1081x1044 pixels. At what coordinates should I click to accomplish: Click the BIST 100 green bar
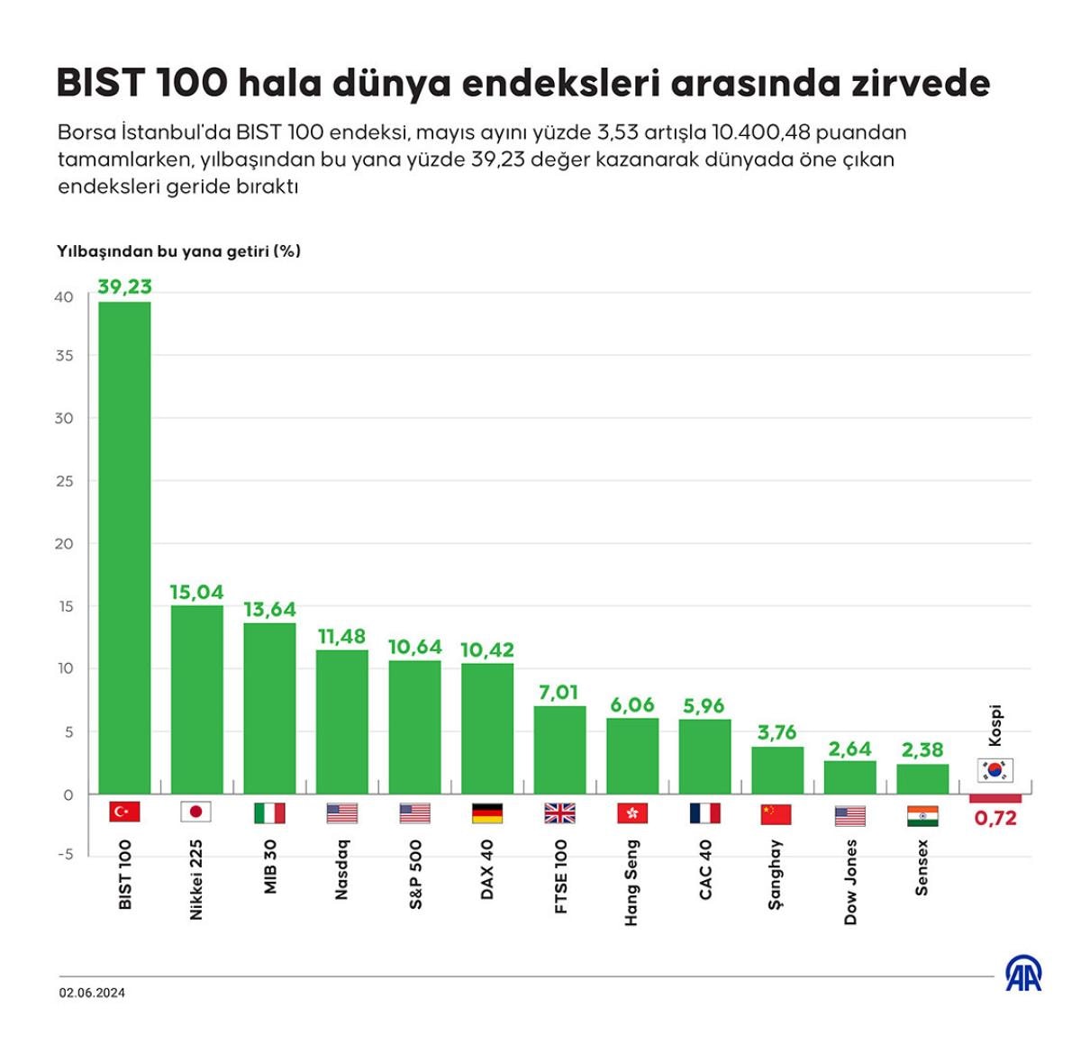124,548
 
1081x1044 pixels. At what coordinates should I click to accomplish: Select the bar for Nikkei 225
197,699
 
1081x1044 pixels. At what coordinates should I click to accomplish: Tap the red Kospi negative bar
995,799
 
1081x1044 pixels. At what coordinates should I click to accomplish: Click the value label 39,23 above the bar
124,286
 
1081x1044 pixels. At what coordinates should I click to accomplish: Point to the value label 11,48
341,637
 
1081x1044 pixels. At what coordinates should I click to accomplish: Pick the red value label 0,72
995,819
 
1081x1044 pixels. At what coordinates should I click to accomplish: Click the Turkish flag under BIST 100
124,812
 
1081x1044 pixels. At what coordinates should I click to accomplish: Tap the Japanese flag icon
196,812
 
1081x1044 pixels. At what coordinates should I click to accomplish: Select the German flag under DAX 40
487,813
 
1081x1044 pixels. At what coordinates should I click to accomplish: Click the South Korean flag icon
995,770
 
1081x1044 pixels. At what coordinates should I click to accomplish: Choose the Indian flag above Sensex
922,815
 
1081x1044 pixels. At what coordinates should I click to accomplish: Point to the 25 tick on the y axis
64,481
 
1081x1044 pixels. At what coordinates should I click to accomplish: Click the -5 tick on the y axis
65,854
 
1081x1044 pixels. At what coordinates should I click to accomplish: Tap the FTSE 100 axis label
560,876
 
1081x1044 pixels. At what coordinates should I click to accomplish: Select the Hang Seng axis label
632,882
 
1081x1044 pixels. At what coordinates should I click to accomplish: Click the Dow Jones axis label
850,882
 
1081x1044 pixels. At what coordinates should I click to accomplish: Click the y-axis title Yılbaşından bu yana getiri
178,251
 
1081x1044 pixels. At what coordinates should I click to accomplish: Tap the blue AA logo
1023,974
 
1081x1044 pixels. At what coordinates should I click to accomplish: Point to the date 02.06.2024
93,993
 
